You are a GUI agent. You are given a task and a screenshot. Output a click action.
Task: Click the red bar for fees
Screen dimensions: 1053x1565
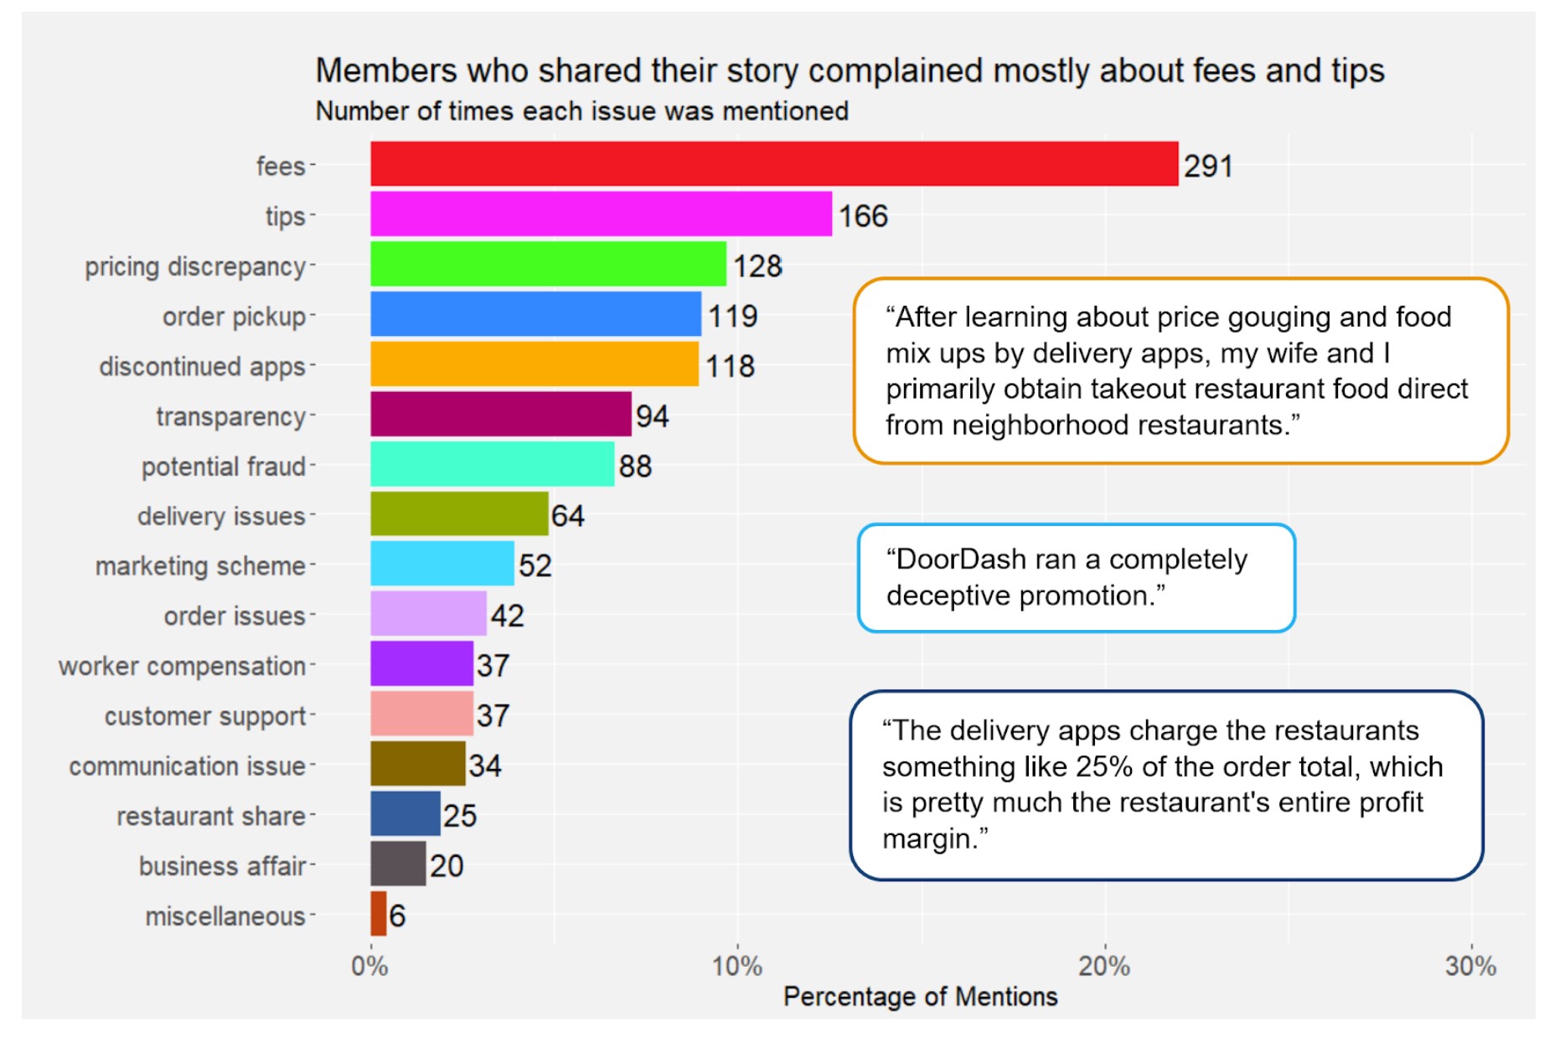click(774, 164)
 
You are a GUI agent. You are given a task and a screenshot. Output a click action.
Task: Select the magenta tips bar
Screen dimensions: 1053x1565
click(601, 214)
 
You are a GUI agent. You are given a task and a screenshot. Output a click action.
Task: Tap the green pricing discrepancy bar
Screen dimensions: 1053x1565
click(548, 265)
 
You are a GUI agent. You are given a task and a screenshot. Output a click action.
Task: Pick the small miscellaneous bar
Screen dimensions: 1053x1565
click(379, 914)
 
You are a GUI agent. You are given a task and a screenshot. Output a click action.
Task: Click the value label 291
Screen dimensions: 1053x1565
click(1207, 167)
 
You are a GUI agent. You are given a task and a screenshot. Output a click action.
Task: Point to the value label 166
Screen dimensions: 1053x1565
click(863, 217)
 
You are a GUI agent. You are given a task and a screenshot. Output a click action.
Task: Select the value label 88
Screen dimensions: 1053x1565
click(635, 467)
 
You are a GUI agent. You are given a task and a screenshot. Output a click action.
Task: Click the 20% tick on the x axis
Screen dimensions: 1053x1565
click(1103, 967)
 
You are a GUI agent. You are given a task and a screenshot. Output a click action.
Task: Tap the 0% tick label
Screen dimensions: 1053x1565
click(369, 967)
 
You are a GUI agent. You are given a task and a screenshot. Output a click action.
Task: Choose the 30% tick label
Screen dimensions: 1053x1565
click(1470, 967)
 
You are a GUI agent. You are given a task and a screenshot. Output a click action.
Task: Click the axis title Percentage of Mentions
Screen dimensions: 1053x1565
click(920, 997)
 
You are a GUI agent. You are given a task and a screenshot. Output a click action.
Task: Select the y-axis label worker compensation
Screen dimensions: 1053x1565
click(182, 666)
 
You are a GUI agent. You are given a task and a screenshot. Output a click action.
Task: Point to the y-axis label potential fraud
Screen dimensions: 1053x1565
click(223, 467)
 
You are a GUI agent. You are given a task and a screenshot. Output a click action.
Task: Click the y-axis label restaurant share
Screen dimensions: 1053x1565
click(210, 816)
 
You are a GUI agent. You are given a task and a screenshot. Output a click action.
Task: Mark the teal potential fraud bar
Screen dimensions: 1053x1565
click(492, 464)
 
